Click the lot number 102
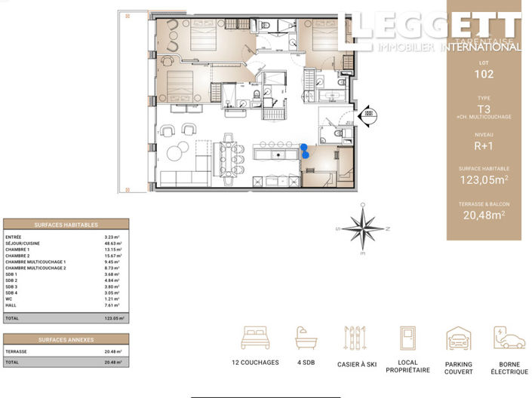[484, 74]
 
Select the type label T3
[484, 108]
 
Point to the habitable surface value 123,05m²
[484, 179]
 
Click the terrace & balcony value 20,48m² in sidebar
[484, 215]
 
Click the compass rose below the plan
[364, 228]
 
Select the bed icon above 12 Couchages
[255, 339]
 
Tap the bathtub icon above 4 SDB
[306, 339]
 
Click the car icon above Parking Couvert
[458, 339]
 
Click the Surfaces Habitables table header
[66, 225]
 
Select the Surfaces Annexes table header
[66, 339]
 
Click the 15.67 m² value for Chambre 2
[112, 256]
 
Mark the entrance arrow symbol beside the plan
[368, 113]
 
